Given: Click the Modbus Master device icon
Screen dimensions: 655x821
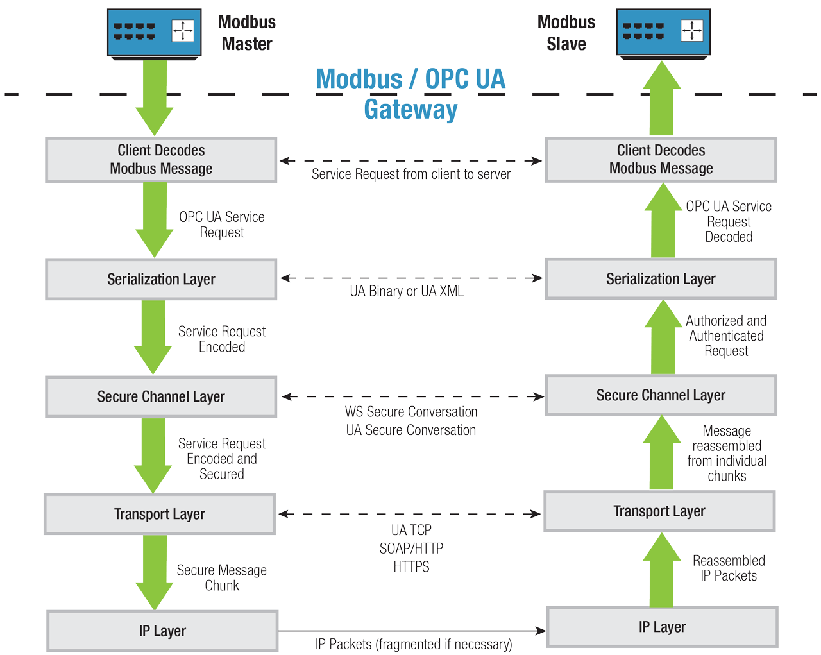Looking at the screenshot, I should point(154,33).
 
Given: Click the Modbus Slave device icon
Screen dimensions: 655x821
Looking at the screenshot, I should point(663,33).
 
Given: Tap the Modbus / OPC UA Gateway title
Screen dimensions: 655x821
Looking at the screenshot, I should point(410,94).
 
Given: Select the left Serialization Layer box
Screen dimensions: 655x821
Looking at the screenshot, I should point(161,279).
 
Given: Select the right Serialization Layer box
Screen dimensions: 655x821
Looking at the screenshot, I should point(661,278).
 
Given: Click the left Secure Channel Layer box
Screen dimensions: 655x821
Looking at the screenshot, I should point(161,396).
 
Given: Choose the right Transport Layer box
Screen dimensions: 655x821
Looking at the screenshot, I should point(659,511).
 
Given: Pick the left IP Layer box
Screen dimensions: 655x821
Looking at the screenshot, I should point(162,631).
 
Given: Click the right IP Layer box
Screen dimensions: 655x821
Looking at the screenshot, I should point(662,627).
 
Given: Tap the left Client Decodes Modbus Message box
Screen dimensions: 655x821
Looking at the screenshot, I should point(161,160).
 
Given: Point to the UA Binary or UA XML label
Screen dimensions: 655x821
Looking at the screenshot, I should point(407,291).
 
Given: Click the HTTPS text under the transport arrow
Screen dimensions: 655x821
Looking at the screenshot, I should point(411,566).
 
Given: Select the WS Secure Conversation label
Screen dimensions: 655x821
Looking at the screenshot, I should point(411,412).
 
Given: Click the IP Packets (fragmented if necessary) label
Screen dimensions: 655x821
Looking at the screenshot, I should point(414,644).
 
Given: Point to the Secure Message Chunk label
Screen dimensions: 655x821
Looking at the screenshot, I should point(221,577).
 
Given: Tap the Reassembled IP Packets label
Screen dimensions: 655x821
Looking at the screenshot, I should point(729,568).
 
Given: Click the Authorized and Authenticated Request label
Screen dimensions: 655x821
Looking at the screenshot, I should point(726,336).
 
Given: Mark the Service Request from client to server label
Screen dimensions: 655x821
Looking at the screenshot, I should point(411,174).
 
